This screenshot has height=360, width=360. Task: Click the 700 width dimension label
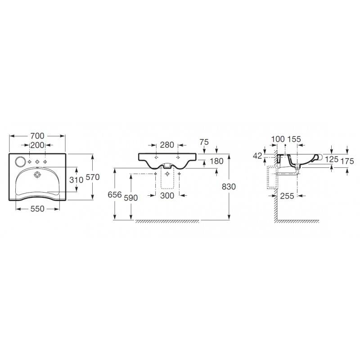[x=37, y=136]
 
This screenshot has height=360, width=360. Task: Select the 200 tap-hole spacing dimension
[x=37, y=145]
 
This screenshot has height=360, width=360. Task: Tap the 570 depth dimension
[x=93, y=177]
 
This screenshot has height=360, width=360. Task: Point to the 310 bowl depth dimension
[x=76, y=180]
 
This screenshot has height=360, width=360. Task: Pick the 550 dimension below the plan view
[x=37, y=209]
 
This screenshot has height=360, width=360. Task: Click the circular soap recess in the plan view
[x=20, y=162]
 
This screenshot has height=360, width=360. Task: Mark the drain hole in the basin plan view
[x=37, y=175]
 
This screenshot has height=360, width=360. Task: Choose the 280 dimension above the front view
[x=167, y=145]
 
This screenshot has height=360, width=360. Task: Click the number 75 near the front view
[x=204, y=142]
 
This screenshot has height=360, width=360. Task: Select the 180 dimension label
[x=216, y=161]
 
